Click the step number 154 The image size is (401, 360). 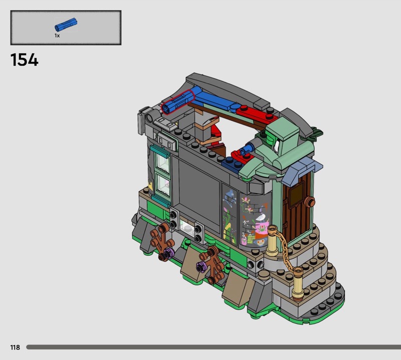pos(24,60)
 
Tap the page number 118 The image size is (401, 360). pos(15,347)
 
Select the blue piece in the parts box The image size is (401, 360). pos(66,25)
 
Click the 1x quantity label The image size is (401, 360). pos(57,36)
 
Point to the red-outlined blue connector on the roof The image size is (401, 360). pos(178,102)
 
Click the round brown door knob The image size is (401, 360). pos(311,203)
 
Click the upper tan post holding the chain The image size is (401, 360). pos(272,241)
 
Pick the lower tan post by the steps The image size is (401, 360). pos(298,283)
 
